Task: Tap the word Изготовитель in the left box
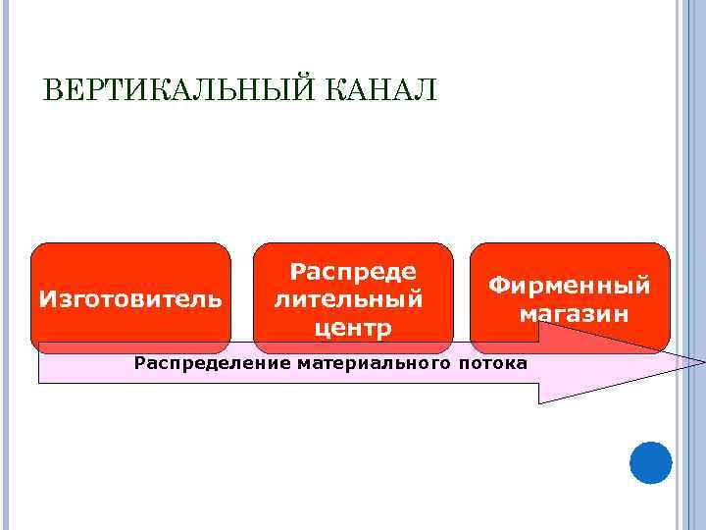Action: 129,297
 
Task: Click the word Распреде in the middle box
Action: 353,270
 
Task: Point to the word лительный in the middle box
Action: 349,297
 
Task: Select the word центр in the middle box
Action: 353,327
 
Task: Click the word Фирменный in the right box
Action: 570,285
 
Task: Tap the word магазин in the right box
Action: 574,314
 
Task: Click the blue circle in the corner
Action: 650,462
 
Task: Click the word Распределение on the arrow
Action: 200,364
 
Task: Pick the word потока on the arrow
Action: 492,364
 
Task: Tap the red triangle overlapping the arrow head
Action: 588,339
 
